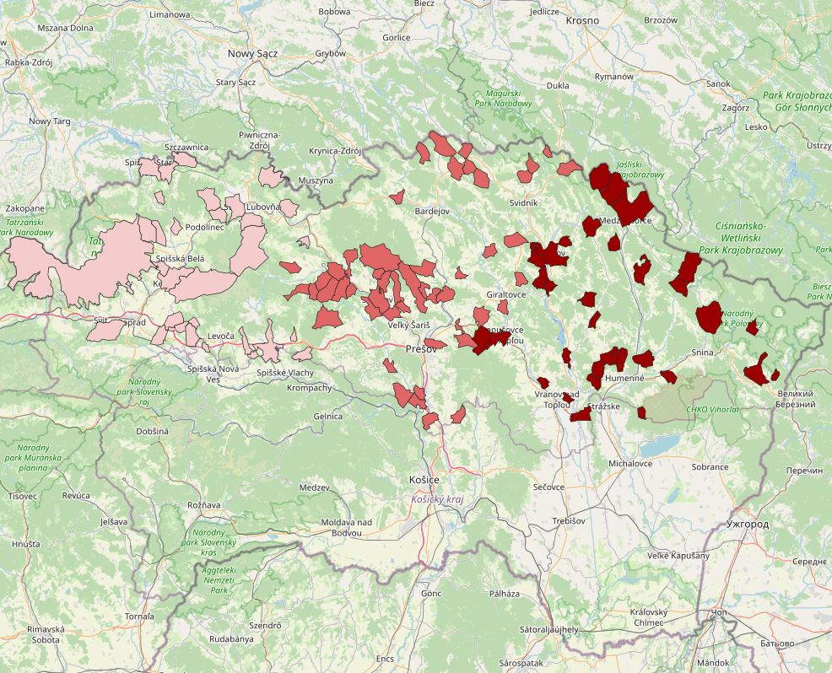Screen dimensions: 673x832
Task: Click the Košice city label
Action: pos(424,479)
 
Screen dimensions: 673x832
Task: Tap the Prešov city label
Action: pos(421,348)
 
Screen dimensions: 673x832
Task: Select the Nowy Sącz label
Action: pos(252,53)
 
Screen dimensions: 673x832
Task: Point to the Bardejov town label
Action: pos(432,211)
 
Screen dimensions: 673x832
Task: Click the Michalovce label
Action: pos(630,464)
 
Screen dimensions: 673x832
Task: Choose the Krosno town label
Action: pos(582,19)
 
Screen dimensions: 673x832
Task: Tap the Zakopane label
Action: pos(24,207)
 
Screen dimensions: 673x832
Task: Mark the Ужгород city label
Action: pos(747,524)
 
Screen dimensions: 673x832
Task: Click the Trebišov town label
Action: pos(569,521)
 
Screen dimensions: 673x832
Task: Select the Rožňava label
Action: pos(203,504)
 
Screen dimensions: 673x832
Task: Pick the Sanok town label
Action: pos(718,83)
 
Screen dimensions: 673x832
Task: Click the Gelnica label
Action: pos(327,416)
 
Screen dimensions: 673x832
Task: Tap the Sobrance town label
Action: pos(710,466)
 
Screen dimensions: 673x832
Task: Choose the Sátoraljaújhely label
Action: pos(548,629)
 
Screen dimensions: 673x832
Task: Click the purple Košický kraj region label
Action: pos(437,499)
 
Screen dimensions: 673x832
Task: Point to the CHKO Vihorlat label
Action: pos(713,410)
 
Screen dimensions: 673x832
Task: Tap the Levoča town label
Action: pos(219,336)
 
